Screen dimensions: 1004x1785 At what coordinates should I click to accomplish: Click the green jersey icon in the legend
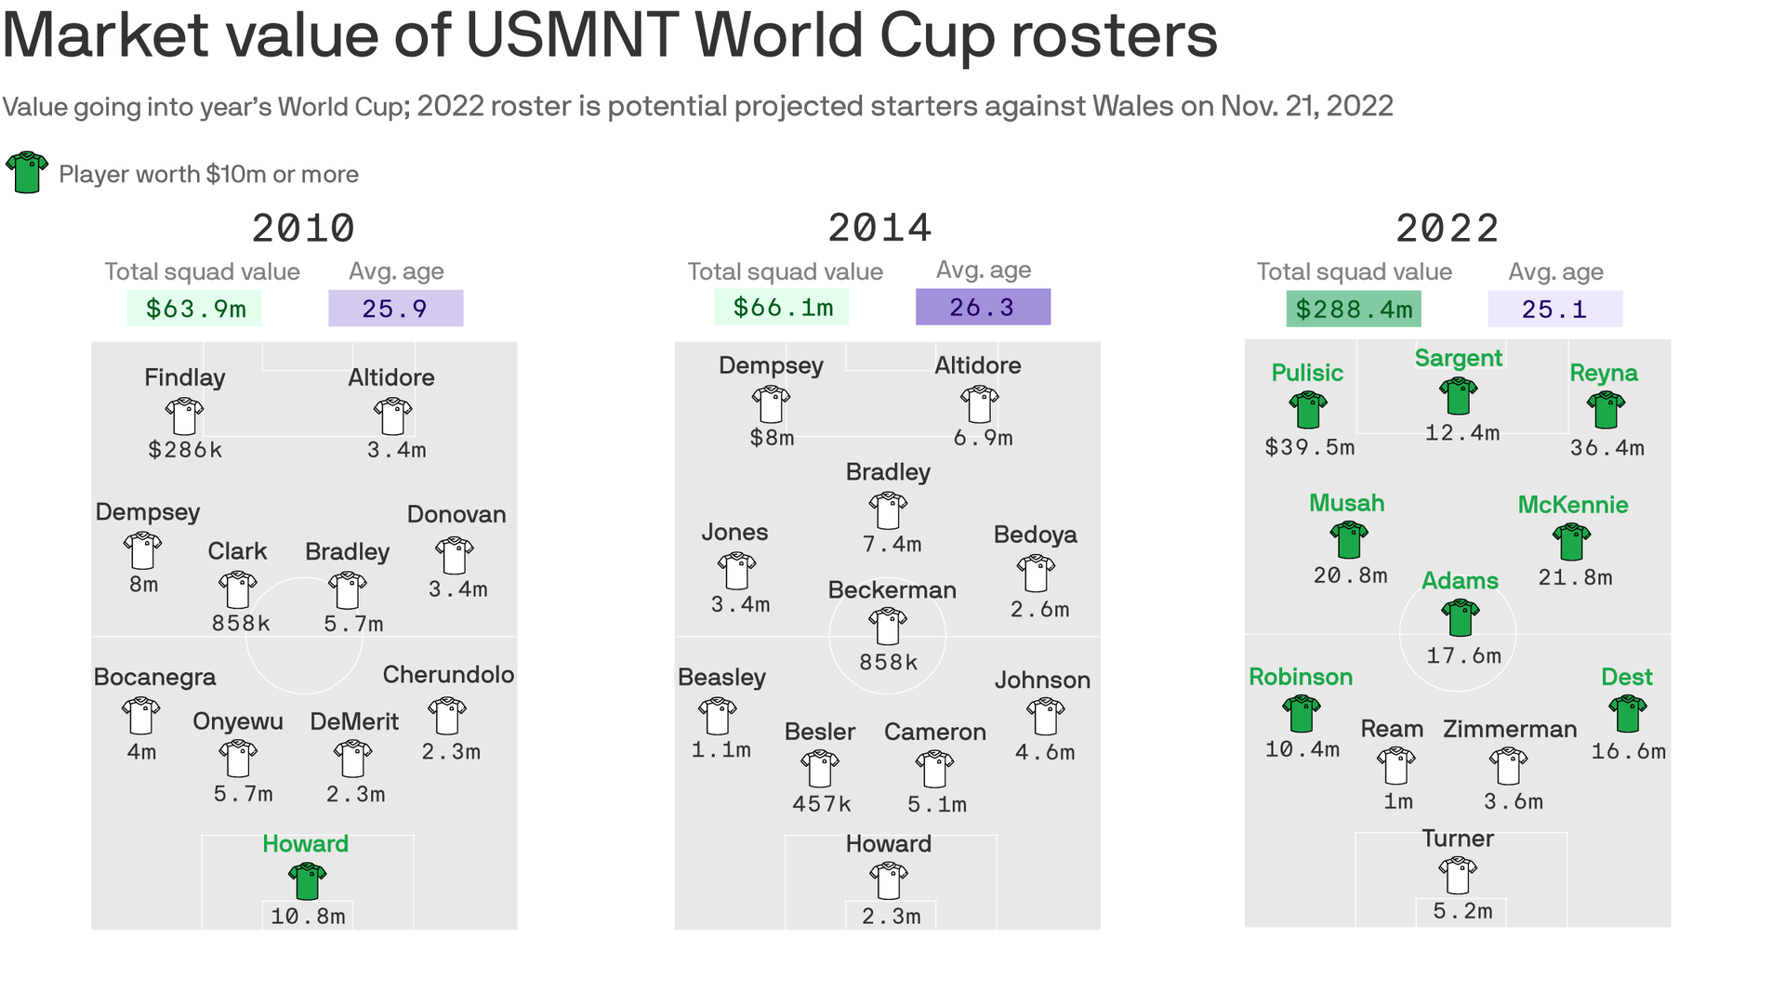(27, 172)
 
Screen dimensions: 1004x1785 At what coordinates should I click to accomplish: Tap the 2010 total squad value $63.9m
(194, 309)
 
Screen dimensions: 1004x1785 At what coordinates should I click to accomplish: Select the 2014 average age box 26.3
(983, 307)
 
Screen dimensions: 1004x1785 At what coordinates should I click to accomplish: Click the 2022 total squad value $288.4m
(1354, 309)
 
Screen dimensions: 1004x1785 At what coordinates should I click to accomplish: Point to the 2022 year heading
(1447, 229)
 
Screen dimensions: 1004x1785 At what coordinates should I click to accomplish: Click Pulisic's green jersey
(1308, 409)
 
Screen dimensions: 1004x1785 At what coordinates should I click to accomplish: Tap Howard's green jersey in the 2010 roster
(307, 880)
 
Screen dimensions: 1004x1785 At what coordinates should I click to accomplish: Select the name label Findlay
(184, 377)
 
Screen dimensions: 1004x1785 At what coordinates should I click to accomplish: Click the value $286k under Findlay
(185, 450)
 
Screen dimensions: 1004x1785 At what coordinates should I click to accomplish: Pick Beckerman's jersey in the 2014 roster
(888, 626)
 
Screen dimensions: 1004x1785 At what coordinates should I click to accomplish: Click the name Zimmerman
(1510, 729)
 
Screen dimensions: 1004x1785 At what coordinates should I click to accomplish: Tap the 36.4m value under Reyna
(1606, 448)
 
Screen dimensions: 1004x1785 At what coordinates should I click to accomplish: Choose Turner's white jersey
(1458, 875)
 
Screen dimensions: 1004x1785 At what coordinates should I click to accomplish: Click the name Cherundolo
(448, 675)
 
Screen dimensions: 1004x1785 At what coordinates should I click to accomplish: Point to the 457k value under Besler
(821, 804)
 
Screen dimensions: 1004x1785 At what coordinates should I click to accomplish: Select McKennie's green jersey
(1571, 541)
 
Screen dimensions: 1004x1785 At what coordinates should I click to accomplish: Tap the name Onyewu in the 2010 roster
(238, 721)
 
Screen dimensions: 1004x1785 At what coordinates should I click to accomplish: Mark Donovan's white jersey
(455, 555)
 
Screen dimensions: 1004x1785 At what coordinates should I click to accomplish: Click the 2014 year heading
(879, 229)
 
